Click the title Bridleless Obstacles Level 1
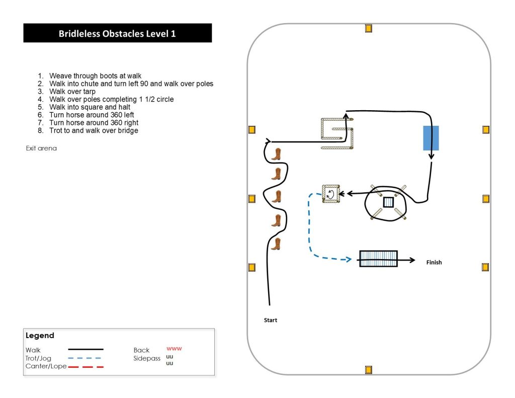tap(117, 34)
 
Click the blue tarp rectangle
tap(431, 138)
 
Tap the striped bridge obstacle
tap(378, 259)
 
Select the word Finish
tap(434, 262)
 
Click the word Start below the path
tap(271, 320)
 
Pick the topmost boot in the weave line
tap(276, 154)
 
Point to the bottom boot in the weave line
tap(276, 245)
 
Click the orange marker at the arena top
tap(369, 28)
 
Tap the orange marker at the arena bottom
tap(369, 370)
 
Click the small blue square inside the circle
tap(388, 202)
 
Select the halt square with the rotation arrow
tap(330, 194)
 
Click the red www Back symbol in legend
tap(174, 348)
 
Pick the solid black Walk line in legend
tap(85, 349)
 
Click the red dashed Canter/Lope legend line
tap(85, 367)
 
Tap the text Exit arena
tap(41, 148)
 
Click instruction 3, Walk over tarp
tap(72, 92)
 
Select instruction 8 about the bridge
tap(94, 130)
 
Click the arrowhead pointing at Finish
tap(412, 260)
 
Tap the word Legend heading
tap(40, 336)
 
